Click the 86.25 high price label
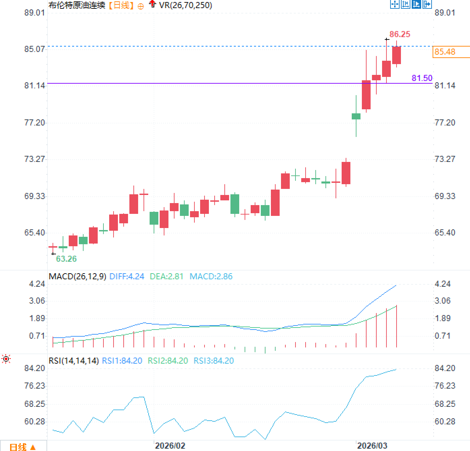click(400, 34)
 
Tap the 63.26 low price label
click(66, 259)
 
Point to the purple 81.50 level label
click(422, 78)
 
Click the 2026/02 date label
click(170, 446)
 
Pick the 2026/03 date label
click(372, 446)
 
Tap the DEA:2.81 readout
click(166, 276)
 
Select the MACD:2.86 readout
click(211, 276)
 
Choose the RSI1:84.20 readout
click(122, 361)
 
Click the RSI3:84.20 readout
click(214, 361)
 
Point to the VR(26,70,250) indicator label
click(185, 5)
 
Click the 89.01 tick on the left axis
click(34, 12)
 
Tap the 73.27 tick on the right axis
click(445, 159)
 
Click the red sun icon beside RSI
click(6, 359)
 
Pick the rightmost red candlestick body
click(396, 55)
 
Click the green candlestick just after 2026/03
click(356, 116)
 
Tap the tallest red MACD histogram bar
click(397, 326)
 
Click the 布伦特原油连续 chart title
click(77, 5)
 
